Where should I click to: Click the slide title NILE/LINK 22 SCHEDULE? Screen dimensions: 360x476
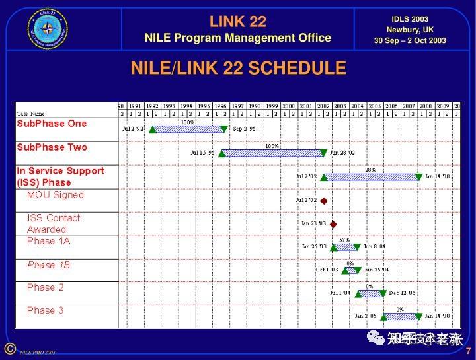pyautogui.click(x=238, y=68)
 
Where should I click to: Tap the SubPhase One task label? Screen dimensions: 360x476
pyautogui.click(x=52, y=124)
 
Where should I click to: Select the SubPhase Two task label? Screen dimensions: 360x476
pyautogui.click(x=52, y=147)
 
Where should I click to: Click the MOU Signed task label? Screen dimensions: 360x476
pyautogui.click(x=56, y=195)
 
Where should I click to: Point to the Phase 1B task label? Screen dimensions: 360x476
pyautogui.click(x=49, y=265)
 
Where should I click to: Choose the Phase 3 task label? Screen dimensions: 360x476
pyautogui.click(x=46, y=310)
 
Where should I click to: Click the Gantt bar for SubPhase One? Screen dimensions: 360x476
pyautogui.click(x=188, y=129)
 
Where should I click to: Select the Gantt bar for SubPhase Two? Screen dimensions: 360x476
pyautogui.click(x=272, y=153)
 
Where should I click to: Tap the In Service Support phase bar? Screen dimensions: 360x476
pyautogui.click(x=372, y=177)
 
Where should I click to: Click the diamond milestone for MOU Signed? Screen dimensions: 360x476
pyautogui.click(x=324, y=200)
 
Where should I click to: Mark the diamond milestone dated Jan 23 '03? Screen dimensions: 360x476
pyautogui.click(x=333, y=224)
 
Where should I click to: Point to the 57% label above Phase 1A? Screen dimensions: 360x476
pyautogui.click(x=344, y=240)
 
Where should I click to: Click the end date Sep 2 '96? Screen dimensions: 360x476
pyautogui.click(x=244, y=129)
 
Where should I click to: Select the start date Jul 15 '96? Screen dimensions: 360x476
pyautogui.click(x=202, y=153)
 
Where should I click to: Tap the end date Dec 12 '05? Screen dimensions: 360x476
pyautogui.click(x=402, y=293)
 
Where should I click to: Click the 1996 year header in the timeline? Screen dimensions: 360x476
pyautogui.click(x=220, y=106)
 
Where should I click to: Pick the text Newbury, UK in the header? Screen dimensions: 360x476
pyautogui.click(x=410, y=30)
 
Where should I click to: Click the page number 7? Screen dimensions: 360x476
pyautogui.click(x=468, y=351)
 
